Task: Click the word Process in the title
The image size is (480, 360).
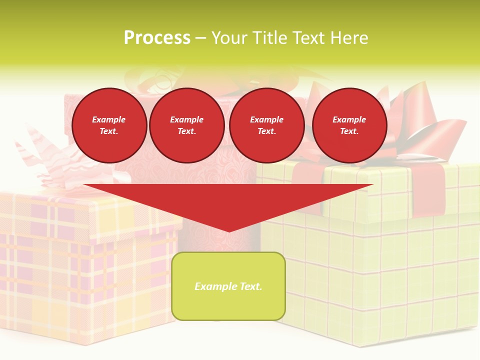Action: [x=157, y=38]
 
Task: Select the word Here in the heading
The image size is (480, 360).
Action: [x=349, y=38]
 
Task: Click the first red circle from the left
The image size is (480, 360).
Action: [x=109, y=125]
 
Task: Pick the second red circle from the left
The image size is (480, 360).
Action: [x=187, y=125]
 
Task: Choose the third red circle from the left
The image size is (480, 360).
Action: [x=267, y=125]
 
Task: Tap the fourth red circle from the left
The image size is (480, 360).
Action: [x=349, y=125]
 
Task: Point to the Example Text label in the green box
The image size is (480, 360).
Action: [x=228, y=286]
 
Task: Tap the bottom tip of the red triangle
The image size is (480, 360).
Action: [x=229, y=230]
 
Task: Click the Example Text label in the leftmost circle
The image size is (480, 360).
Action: [x=109, y=125]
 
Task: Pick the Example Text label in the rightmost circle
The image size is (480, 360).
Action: [x=349, y=125]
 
